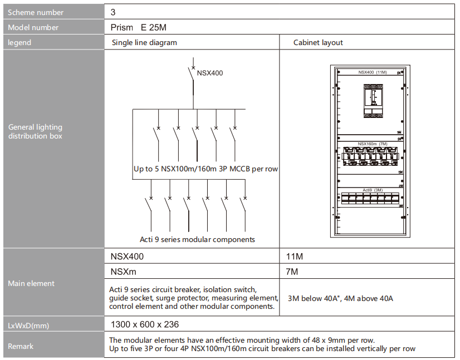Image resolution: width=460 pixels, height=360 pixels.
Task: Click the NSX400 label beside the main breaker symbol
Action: tap(210, 73)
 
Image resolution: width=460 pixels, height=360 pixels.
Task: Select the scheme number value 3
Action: tap(113, 12)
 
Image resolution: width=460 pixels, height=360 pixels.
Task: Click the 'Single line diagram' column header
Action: tap(144, 42)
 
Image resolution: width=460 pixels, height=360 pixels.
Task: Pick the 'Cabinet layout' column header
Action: tap(318, 42)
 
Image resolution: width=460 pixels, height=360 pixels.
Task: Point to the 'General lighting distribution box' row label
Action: tap(35, 131)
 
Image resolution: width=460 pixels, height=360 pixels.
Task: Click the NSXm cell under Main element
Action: tap(123, 272)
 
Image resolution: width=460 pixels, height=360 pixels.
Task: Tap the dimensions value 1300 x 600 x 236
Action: tap(145, 324)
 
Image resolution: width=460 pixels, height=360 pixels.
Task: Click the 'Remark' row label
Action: tap(21, 346)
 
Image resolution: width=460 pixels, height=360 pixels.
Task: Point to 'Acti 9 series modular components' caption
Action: tap(197, 239)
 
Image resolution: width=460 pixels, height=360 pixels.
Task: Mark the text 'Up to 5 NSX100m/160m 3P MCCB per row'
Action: tap(205, 169)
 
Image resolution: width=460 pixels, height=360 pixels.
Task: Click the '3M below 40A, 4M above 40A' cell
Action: tap(340, 298)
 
